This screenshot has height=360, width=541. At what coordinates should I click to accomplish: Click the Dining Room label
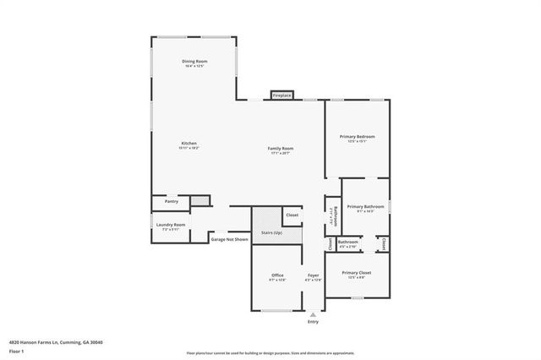point(194,62)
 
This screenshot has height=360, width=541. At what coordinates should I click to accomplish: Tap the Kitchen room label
point(189,144)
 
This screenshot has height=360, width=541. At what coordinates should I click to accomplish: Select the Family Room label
point(281,148)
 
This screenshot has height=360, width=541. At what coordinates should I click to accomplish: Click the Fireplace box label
point(281,95)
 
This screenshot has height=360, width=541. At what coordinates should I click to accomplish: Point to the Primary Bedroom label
point(358,137)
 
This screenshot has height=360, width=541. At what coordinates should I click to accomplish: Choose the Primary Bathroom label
point(365,206)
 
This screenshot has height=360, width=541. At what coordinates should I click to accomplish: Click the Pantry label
point(172,202)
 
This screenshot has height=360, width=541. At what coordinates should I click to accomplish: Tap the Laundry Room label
point(171,224)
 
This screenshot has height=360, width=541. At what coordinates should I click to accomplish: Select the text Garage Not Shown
point(230,239)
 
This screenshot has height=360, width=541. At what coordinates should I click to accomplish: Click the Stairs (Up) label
point(271,232)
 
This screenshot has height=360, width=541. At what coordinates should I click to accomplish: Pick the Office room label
point(277,275)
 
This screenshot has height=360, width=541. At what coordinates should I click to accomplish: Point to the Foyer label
point(313,275)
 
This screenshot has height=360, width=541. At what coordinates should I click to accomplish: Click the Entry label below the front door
point(314,322)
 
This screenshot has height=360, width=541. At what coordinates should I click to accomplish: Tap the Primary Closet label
point(357,273)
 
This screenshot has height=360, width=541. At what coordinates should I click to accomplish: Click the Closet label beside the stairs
point(292,215)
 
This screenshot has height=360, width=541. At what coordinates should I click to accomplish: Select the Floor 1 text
point(16,350)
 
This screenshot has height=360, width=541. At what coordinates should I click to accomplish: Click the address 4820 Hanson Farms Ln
point(34,342)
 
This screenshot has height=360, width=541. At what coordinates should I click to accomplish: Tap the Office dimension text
point(277,281)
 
